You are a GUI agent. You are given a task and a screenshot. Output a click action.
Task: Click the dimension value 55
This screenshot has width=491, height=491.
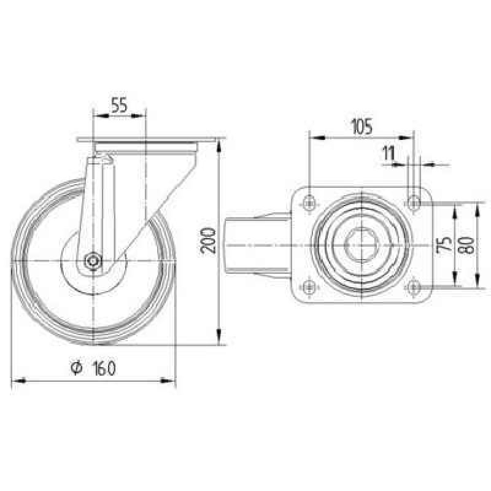point(119,105)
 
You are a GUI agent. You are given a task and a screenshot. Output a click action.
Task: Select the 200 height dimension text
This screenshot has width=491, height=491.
point(208,241)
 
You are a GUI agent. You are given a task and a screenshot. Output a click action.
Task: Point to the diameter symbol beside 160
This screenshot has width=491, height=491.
point(76,368)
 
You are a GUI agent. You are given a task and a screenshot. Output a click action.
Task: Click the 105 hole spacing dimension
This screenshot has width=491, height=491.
point(361,126)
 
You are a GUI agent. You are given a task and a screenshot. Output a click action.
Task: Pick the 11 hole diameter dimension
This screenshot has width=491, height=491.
point(389,153)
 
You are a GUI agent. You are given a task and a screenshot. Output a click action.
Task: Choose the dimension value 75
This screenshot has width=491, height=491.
point(444,244)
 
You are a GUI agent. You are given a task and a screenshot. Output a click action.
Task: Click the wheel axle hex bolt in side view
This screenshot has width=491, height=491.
point(93,260)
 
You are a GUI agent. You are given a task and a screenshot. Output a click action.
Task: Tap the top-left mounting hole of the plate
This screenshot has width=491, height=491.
point(309,203)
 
